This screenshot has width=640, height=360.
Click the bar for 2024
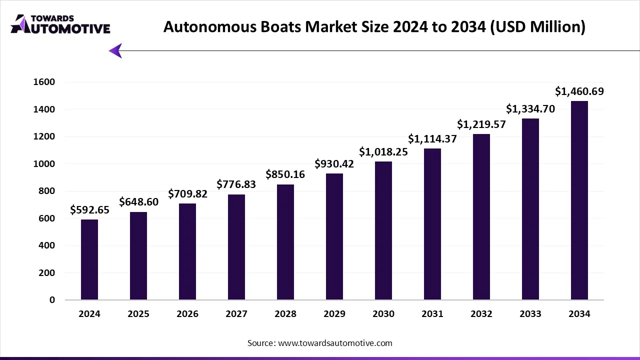[89, 259]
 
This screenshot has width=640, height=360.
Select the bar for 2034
[579, 200]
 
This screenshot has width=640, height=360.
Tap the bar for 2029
[334, 236]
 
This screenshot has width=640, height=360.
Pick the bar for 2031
[432, 224]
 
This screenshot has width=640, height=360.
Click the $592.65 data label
[89, 210]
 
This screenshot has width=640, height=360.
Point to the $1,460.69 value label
[579, 91]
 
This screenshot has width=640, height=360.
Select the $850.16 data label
[285, 175]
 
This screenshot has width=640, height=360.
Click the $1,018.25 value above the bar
[383, 152]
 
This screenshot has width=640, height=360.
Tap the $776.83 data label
[236, 184]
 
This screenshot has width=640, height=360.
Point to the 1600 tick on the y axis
[44, 82]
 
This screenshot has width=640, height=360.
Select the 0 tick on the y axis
[52, 300]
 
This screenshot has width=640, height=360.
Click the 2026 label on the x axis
[187, 314]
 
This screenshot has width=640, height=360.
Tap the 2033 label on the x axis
[530, 314]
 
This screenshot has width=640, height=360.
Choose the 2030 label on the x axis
[383, 314]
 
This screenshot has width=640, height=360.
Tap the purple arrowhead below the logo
[115, 50]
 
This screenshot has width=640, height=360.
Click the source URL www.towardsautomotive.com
[335, 343]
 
